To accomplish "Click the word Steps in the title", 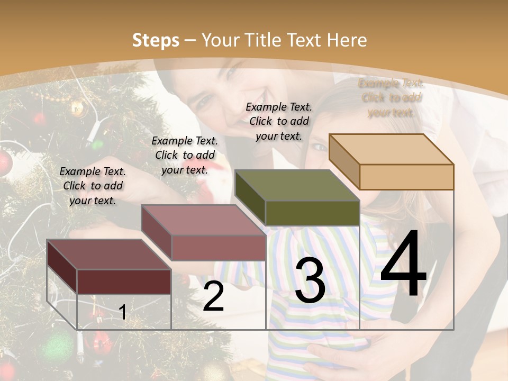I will (x=156, y=40).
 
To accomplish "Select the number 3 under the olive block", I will (x=310, y=280).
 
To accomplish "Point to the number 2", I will (x=213, y=296).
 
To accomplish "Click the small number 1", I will (x=123, y=312).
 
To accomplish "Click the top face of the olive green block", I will (x=297, y=185).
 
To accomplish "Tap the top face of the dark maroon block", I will (x=108, y=254).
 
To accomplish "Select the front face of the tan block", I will (x=406, y=177).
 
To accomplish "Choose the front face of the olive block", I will (x=312, y=213).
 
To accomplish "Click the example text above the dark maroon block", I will (x=93, y=186).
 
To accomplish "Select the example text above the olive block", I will (x=279, y=121).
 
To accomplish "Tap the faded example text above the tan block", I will (x=391, y=98).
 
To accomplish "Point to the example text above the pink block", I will (x=185, y=155).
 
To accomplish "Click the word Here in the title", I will (x=347, y=40).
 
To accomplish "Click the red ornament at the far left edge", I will (x=4, y=164).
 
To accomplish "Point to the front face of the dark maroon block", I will (x=124, y=282).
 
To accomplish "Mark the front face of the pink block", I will (x=218, y=248).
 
